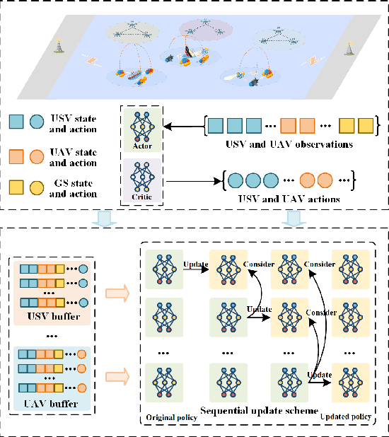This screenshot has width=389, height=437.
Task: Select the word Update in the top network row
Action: point(195,264)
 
